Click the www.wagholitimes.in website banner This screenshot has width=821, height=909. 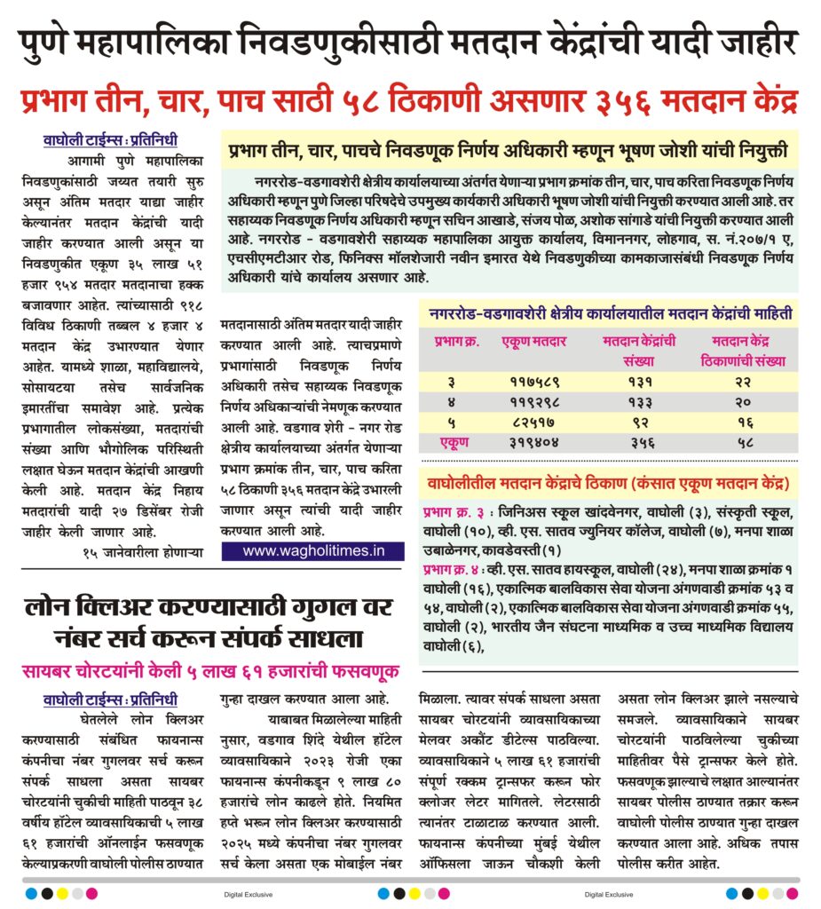tap(313, 550)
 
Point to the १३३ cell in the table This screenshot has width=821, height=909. tap(640, 402)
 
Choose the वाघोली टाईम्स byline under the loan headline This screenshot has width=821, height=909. tap(110, 698)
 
